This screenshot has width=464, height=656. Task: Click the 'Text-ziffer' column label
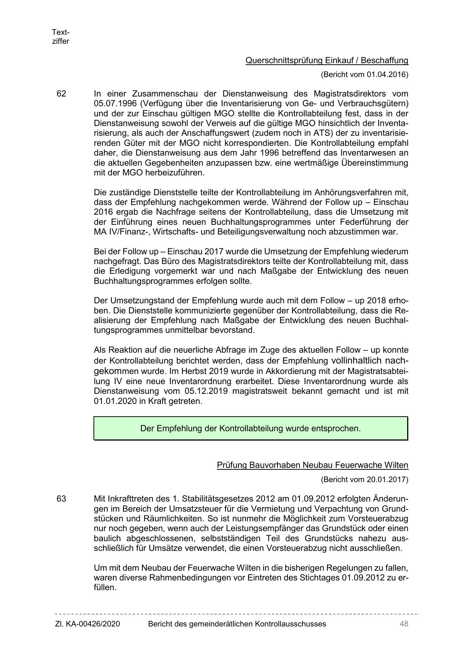pos(61,37)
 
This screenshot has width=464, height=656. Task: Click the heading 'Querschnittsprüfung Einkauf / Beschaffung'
pos(326,60)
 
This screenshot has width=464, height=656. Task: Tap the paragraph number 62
pos(61,94)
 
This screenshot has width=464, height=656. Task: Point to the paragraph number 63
pos(61,499)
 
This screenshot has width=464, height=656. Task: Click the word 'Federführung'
pos(368,222)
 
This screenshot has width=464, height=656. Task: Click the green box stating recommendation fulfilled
pos(251,428)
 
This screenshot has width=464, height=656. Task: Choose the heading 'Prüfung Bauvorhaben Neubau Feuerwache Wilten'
pos(312,465)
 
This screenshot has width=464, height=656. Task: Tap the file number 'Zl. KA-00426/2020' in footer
pos(87,624)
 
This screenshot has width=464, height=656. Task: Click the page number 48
pos(403,624)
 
